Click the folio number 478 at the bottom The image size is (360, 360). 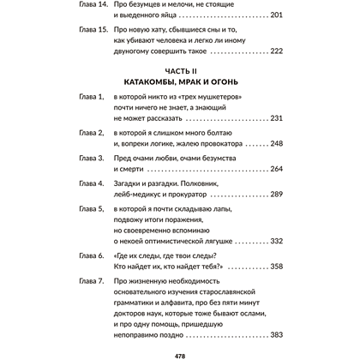coord(180,351)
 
